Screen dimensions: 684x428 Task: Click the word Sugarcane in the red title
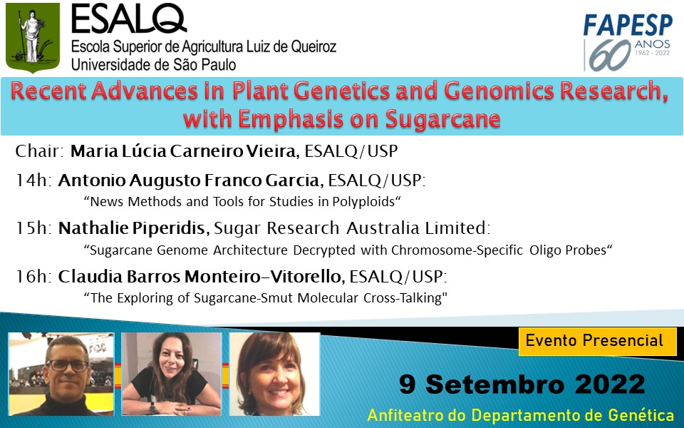tap(442, 119)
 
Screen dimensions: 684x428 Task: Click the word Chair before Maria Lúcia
tap(40, 151)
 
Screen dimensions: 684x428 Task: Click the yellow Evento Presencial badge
tap(597, 341)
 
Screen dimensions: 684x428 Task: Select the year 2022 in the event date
tap(610, 384)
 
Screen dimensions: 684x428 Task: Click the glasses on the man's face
tap(67, 365)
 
